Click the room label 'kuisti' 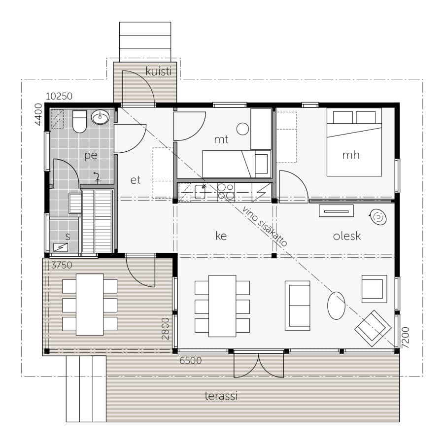(159, 71)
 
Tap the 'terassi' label (221, 396)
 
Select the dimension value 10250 (59, 96)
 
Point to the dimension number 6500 (191, 360)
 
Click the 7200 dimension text (406, 338)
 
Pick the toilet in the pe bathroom (79, 122)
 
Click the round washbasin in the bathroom (100, 117)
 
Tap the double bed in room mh (354, 142)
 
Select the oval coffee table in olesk (336, 306)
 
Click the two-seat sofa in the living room (297, 306)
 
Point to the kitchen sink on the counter (200, 191)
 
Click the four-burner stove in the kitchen (226, 192)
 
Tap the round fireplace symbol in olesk (378, 217)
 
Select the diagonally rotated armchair (373, 329)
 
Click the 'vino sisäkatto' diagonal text (265, 226)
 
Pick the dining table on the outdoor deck (90, 305)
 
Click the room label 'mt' (221, 139)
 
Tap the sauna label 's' (68, 236)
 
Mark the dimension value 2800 (165, 329)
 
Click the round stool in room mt (242, 129)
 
